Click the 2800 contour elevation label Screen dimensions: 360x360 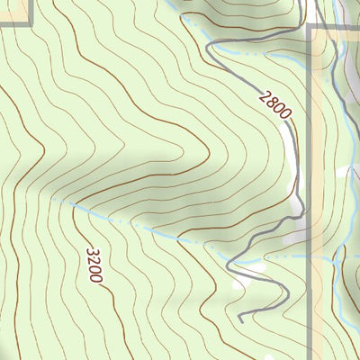276,104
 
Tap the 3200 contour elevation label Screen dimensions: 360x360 94,265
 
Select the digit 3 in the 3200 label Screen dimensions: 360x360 91,251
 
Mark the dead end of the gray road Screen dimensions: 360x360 241,318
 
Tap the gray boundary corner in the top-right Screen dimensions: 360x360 310,28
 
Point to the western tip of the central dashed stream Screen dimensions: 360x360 54,198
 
